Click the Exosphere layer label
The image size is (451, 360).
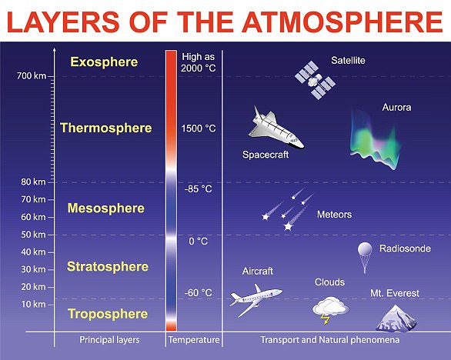(x=104, y=62)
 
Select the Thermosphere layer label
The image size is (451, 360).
(x=105, y=128)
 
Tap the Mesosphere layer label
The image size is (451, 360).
(x=106, y=208)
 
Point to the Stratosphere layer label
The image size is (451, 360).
(x=107, y=267)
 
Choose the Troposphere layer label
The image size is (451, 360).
(x=108, y=314)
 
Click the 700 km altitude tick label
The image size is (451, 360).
(x=31, y=75)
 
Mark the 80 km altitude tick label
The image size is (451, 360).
(x=33, y=182)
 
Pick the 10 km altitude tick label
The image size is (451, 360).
(x=33, y=304)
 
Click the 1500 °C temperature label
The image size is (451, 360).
(x=198, y=128)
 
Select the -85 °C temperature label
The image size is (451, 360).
(x=198, y=188)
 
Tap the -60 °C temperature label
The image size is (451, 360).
(x=198, y=293)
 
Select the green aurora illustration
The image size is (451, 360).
(x=377, y=138)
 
